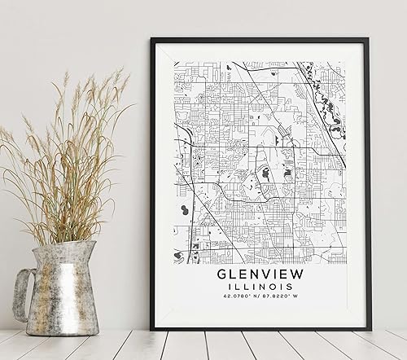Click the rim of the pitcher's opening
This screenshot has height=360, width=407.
tap(61, 243)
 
